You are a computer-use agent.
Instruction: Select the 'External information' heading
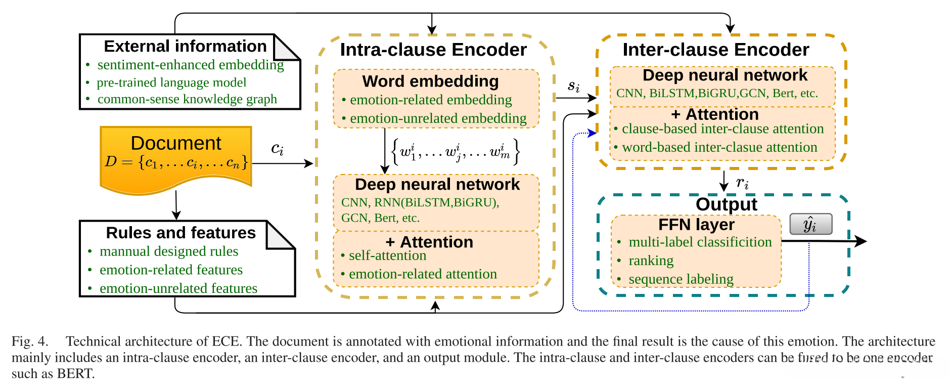185,46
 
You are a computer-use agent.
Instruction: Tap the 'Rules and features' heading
180,233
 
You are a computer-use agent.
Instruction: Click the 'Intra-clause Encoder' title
433,50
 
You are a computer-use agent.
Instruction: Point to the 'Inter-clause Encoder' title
715,50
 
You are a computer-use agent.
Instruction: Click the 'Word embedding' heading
430,81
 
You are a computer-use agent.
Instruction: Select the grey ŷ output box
810,224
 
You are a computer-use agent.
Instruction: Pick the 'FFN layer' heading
696,224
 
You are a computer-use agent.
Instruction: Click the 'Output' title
726,204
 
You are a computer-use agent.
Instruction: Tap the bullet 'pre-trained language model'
171,82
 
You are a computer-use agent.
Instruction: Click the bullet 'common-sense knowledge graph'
187,99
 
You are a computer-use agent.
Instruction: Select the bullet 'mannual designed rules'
169,251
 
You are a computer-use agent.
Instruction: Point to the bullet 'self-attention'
387,256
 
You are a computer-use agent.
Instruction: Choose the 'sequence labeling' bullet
681,279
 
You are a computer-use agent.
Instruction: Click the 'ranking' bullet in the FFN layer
651,261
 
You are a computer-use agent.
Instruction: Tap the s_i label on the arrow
573,85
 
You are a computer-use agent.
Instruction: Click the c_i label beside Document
277,149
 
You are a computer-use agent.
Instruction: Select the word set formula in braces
456,151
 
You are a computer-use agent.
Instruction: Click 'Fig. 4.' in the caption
30,341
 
